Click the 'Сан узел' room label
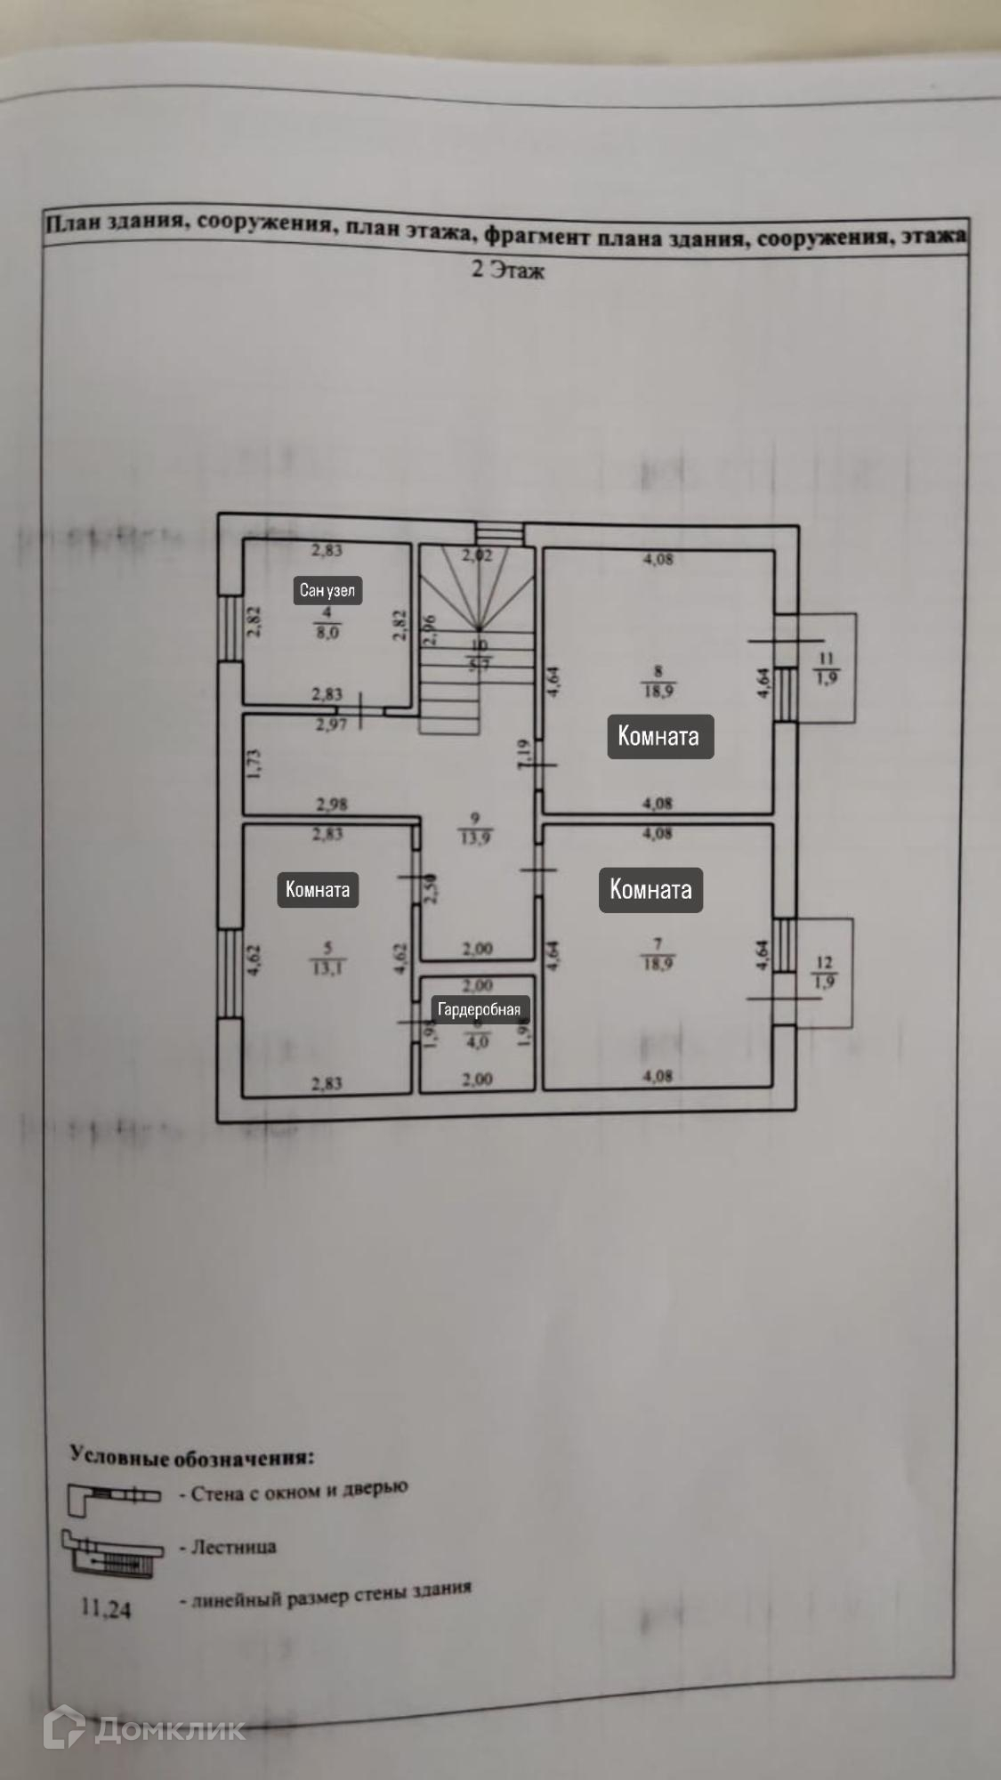point(327,590)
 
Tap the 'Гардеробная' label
point(479,1009)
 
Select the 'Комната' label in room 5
point(318,889)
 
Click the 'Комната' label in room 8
point(659,736)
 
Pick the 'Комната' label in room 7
point(650,889)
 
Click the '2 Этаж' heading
point(507,270)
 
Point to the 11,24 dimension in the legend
point(106,1608)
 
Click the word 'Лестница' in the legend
point(234,1547)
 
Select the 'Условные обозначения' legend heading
point(191,1457)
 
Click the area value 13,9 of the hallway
point(475,837)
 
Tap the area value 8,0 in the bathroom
point(327,633)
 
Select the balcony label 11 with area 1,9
point(827,668)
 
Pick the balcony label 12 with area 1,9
point(824,973)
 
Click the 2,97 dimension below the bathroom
point(331,724)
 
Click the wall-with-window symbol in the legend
point(114,1496)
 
